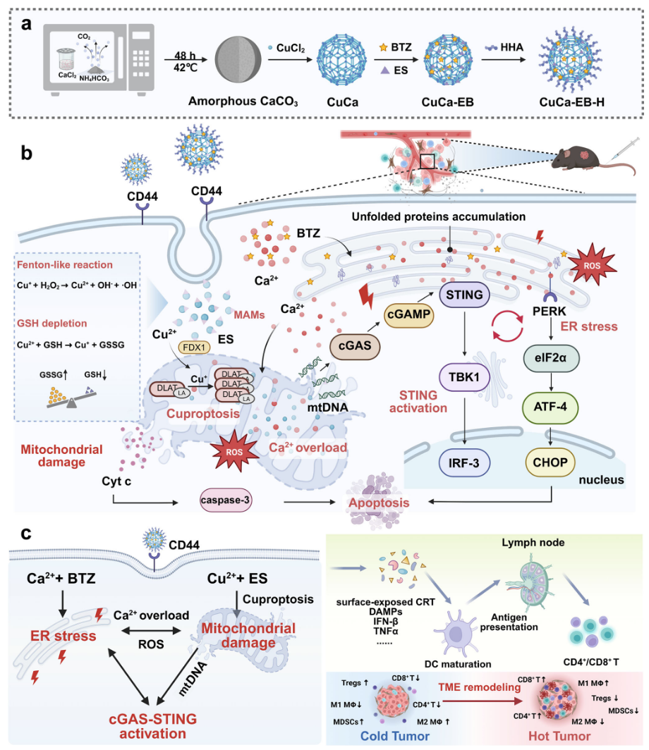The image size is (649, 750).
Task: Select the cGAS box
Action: (x=355, y=347)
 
